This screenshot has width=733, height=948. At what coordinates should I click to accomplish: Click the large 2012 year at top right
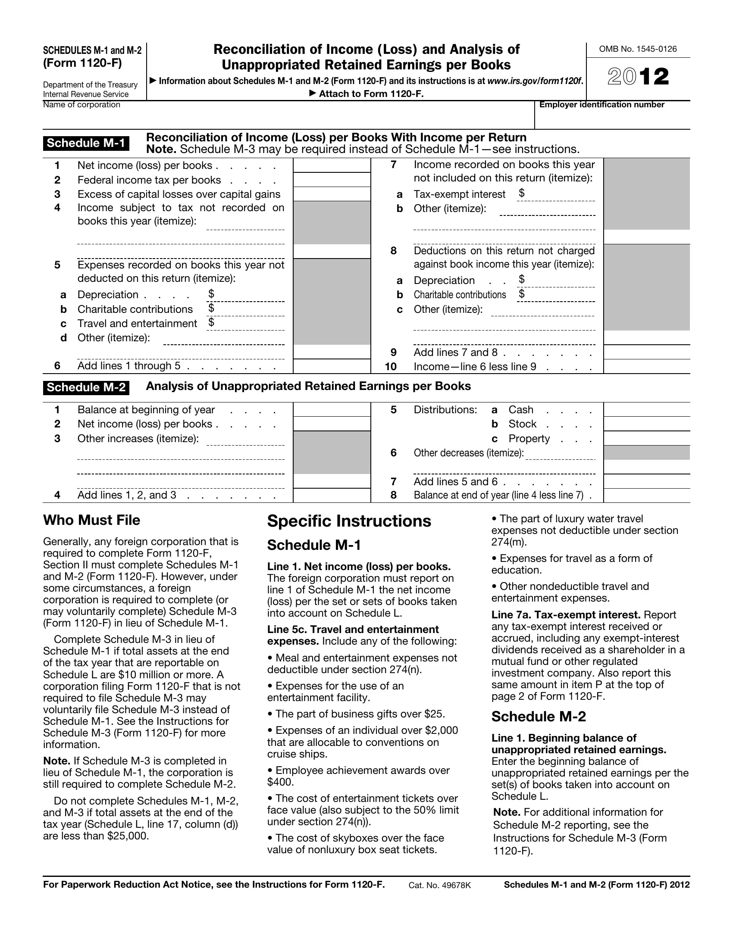tap(638, 77)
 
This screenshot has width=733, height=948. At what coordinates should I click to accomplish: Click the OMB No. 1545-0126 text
tap(637, 49)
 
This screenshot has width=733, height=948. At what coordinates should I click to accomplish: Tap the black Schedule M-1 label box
tap(86, 143)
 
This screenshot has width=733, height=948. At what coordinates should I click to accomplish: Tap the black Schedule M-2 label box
tap(86, 387)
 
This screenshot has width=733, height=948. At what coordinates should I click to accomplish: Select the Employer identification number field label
tap(601, 105)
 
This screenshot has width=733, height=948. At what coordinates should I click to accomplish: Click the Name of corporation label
tap(81, 105)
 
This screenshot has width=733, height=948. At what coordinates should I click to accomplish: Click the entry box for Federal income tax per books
tap(332, 180)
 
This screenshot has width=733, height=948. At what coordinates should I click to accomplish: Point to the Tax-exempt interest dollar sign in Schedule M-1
tap(522, 193)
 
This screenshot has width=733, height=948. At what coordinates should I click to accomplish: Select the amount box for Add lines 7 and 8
tap(646, 352)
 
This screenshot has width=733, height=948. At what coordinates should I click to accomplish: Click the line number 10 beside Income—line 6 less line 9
tap(390, 367)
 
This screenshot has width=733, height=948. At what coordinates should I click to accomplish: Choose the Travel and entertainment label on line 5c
tap(137, 324)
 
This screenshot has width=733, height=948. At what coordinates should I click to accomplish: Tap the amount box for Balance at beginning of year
tap(332, 410)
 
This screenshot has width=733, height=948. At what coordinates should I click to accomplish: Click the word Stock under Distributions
tap(523, 424)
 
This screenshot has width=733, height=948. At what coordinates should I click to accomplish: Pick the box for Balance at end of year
tap(646, 495)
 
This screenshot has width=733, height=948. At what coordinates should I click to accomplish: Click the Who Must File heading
tap(91, 520)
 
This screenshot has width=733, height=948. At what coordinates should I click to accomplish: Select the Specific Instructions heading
tap(349, 521)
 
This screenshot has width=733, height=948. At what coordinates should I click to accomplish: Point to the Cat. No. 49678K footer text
tap(439, 885)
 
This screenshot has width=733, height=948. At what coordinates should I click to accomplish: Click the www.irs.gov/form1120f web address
tap(535, 81)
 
